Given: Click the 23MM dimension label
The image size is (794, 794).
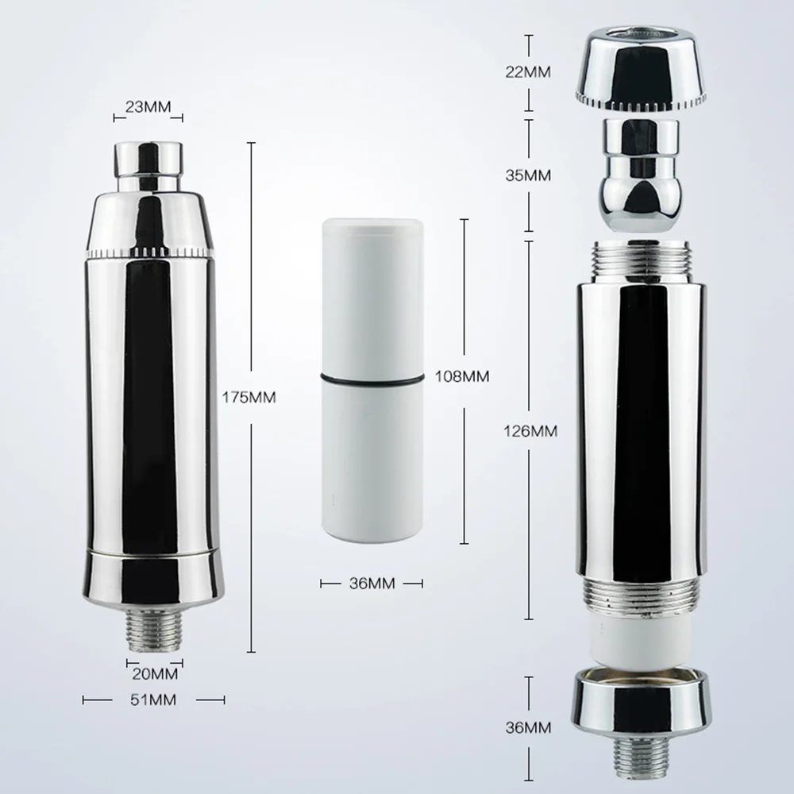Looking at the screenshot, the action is tap(148, 107).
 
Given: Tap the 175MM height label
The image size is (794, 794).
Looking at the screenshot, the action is tap(249, 398).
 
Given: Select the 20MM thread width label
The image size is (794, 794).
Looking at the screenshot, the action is tap(155, 674).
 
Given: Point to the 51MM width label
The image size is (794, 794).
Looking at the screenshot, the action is tap(153, 700).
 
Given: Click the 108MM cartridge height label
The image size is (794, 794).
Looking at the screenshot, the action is tap(462, 376).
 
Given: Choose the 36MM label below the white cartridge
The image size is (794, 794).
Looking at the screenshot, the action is tap(372, 584).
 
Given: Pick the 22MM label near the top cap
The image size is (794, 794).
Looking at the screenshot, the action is tap(528, 72).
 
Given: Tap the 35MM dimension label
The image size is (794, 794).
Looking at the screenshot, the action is tap(528, 175).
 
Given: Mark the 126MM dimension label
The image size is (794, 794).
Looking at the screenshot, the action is tap(530, 431).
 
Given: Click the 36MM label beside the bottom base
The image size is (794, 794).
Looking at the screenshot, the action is tap(528, 727).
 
